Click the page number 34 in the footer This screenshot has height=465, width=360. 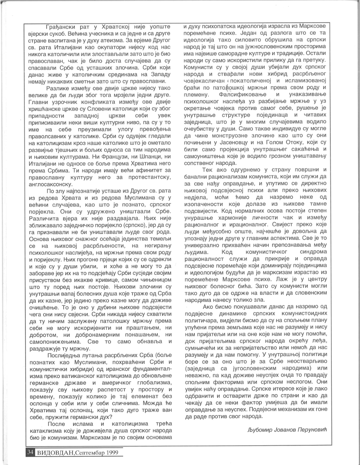(x=30, y=452)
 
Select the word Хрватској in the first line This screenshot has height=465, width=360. (x=118, y=27)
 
